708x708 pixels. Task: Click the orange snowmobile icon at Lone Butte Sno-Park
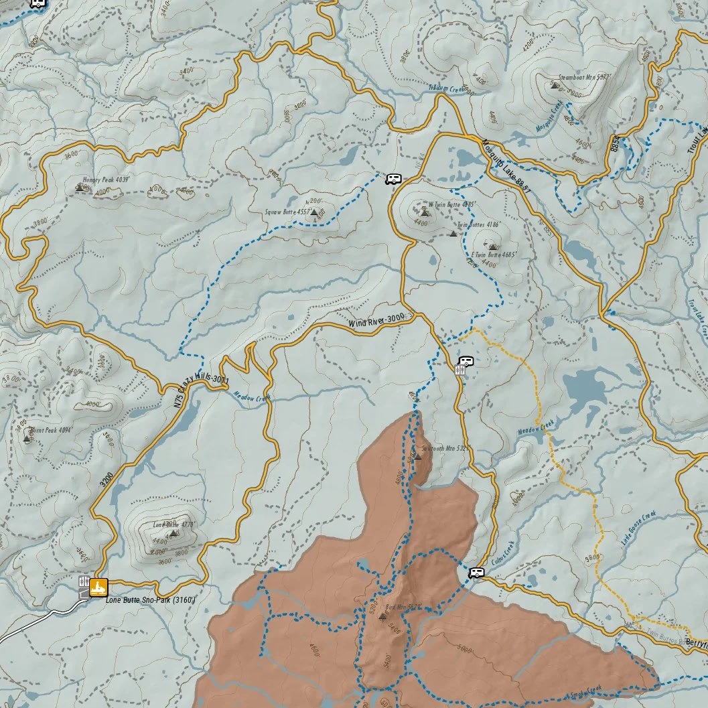pyautogui.click(x=98, y=587)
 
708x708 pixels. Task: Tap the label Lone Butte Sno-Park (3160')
pyautogui.click(x=150, y=600)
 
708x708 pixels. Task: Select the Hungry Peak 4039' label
pyautogui.click(x=105, y=180)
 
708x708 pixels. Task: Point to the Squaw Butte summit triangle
pyautogui.click(x=313, y=212)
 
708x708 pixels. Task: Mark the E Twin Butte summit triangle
pyautogui.click(x=493, y=246)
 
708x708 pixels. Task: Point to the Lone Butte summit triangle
pyautogui.click(x=173, y=533)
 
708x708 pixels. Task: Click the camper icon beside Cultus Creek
pyautogui.click(x=476, y=571)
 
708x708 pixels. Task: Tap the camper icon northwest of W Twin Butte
pyautogui.click(x=393, y=178)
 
